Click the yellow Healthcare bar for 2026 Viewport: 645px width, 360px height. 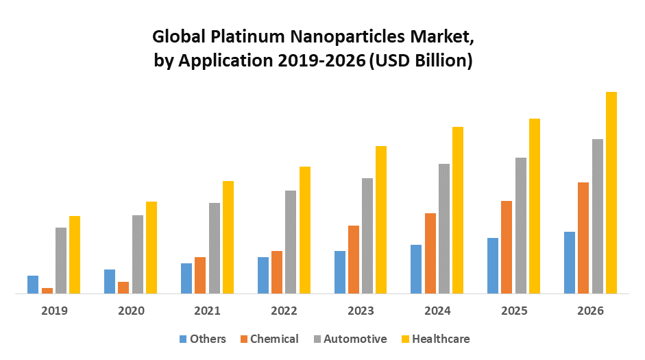coord(611,193)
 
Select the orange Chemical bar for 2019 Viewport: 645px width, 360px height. coord(47,291)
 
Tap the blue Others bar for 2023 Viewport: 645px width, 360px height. coord(340,272)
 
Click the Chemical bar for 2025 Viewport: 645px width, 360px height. coord(507,248)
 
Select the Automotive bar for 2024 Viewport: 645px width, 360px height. coord(444,229)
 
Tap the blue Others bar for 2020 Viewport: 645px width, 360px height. coord(110,282)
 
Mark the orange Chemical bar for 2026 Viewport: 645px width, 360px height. coord(584,238)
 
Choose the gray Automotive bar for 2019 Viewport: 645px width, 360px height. coord(61,261)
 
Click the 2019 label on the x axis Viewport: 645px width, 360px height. coord(54,311)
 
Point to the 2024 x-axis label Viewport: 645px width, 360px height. coord(437,311)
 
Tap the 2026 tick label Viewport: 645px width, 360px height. coord(591,311)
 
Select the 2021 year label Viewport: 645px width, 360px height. coord(208,311)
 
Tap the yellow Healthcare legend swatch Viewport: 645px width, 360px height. coord(405,339)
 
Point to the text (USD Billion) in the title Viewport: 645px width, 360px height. coord(421,60)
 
